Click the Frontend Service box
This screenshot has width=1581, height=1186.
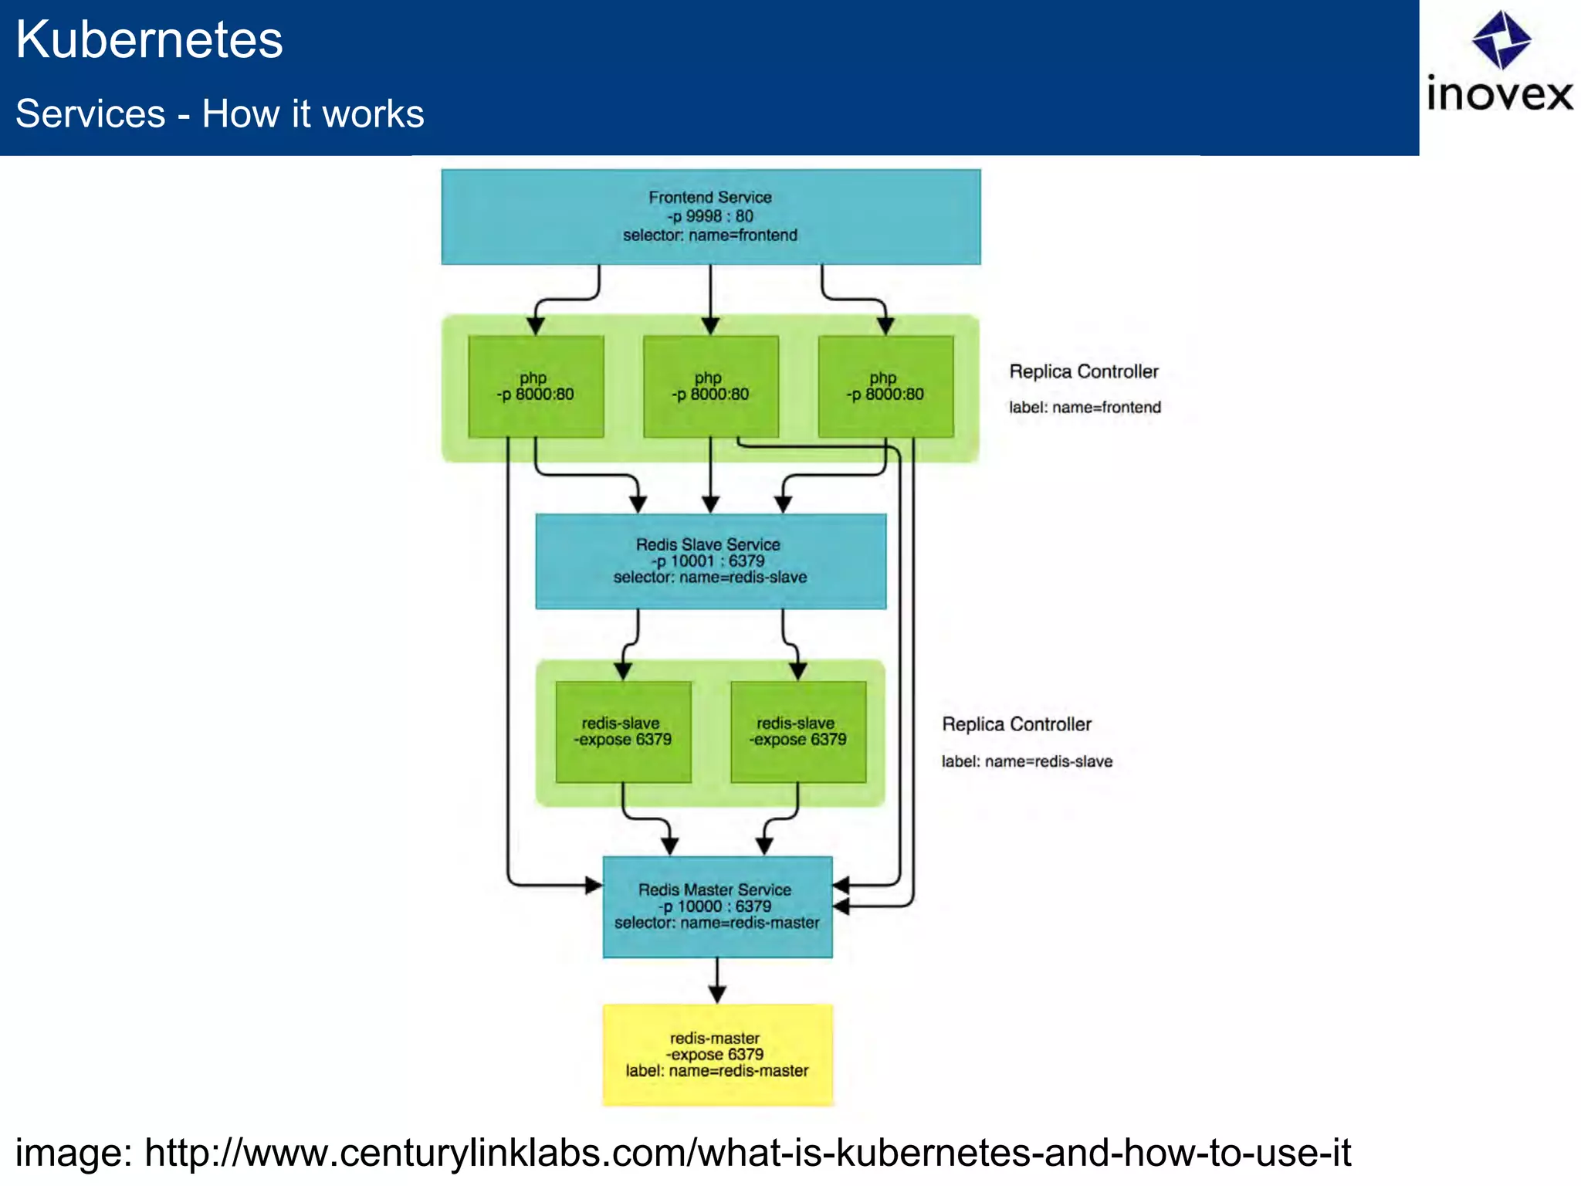(710, 217)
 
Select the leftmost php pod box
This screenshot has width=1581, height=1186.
(536, 387)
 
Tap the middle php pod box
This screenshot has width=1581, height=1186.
(710, 387)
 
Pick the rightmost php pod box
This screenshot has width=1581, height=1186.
(885, 387)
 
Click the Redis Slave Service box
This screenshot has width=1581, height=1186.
(710, 561)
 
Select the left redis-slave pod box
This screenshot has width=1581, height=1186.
(623, 732)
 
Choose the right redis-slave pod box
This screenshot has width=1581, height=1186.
(798, 732)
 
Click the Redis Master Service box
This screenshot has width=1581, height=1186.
(717, 906)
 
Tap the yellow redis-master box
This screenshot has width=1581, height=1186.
(717, 1055)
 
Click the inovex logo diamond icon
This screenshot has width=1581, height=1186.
(1501, 39)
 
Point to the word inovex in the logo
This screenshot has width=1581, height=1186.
(1499, 95)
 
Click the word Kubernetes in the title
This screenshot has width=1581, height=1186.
(150, 40)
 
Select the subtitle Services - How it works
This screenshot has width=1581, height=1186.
(220, 114)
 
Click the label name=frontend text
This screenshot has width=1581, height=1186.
(1085, 408)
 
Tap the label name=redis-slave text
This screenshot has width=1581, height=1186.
(1027, 762)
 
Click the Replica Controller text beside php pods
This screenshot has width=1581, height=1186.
(1084, 372)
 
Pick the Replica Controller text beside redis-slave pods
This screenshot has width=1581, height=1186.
(1017, 724)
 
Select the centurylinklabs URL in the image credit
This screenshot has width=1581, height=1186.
(747, 1153)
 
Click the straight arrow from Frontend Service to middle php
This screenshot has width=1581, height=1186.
(710, 297)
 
